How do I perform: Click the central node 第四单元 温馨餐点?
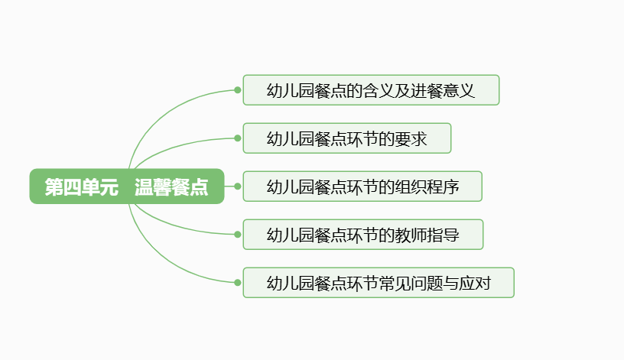(126, 186)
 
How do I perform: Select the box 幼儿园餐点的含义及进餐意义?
(371, 90)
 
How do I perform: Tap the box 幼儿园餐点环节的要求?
(346, 138)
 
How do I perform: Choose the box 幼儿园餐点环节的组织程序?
(362, 186)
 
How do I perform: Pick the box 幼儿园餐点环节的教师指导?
(362, 235)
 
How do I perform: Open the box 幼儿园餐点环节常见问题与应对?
(378, 283)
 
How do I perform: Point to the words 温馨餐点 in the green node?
(171, 187)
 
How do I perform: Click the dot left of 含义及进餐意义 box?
(238, 90)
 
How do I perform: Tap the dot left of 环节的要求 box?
(238, 138)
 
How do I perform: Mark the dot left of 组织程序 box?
(238, 186)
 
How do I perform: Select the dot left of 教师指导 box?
(238, 235)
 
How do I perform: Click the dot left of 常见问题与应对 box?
(238, 283)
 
